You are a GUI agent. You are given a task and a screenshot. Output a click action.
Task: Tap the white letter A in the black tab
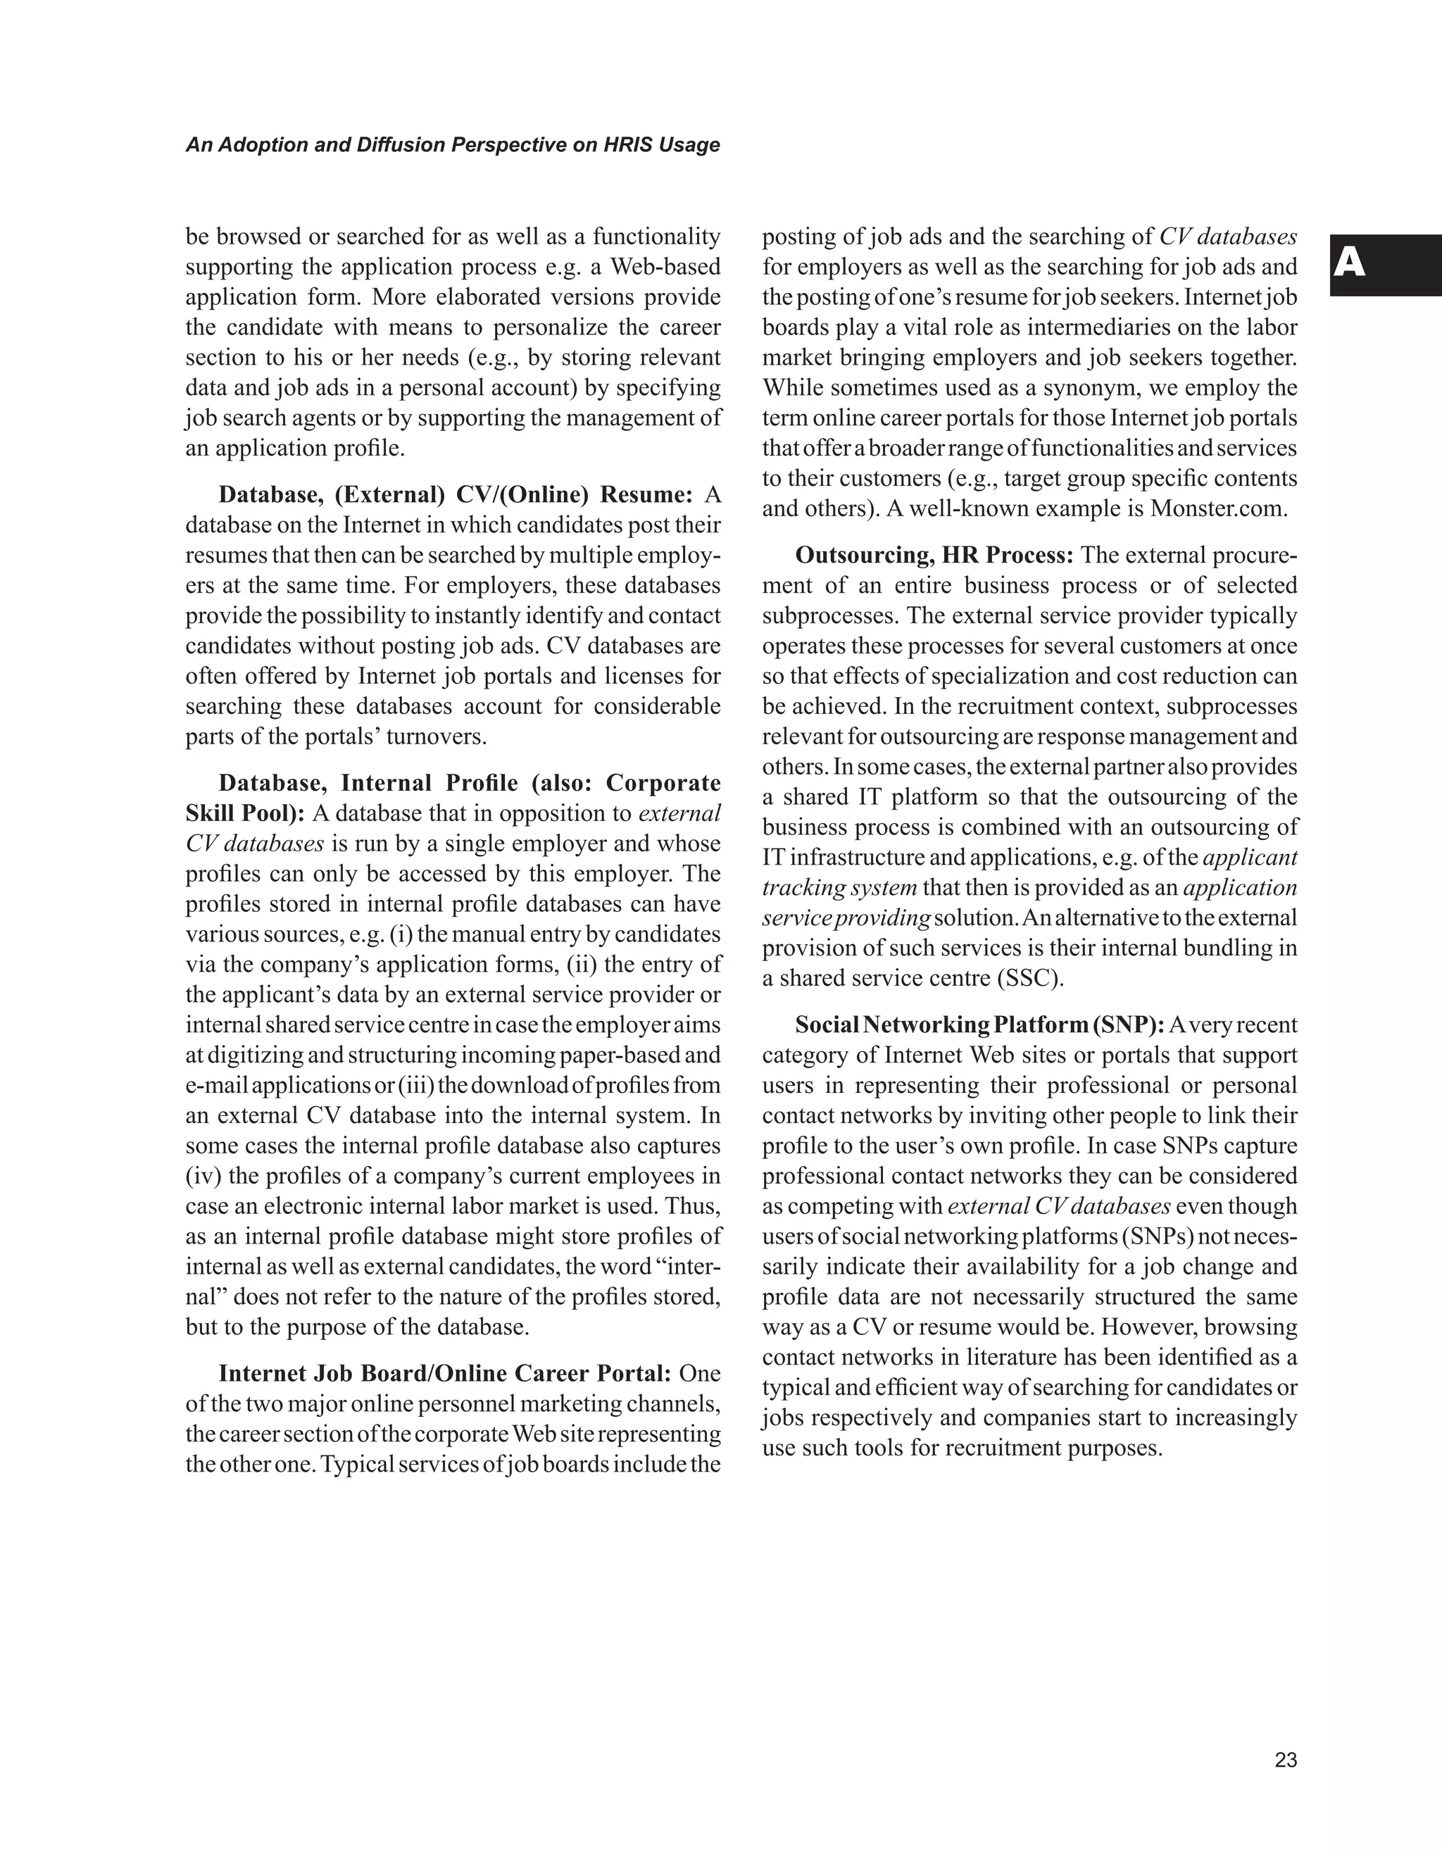pos(1350,265)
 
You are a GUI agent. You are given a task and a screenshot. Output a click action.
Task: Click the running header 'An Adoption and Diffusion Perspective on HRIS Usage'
pos(452,145)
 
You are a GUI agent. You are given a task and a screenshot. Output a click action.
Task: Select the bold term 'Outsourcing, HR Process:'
pos(934,555)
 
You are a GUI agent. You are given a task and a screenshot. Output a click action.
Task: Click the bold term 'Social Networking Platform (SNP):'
pos(979,1025)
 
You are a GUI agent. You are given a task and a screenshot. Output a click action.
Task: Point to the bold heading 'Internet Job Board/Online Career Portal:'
pos(446,1374)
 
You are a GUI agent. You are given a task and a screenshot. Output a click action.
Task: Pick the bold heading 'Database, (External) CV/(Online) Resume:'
pos(456,495)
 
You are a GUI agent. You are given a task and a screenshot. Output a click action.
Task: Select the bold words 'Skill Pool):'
pos(245,813)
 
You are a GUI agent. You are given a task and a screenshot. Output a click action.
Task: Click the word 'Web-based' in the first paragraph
pos(665,267)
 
